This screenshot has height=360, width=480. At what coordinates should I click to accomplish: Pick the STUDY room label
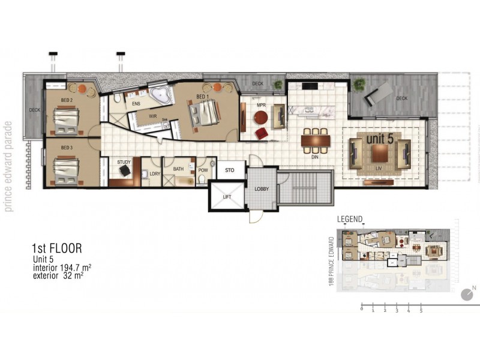[x=124, y=162]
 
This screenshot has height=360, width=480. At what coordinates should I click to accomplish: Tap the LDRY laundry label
[x=155, y=173]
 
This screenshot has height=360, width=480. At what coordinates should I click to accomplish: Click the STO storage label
[x=229, y=170]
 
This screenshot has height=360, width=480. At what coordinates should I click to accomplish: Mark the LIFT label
[x=227, y=196]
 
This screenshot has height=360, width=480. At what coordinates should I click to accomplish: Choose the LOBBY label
[x=262, y=190]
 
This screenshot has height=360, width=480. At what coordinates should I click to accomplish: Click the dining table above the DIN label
[x=316, y=140]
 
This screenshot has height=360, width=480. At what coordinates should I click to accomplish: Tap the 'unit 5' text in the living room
[x=380, y=139]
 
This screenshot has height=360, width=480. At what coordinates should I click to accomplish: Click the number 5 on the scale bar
[x=421, y=311]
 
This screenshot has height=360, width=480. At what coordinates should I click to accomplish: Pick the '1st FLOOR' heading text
[x=56, y=247]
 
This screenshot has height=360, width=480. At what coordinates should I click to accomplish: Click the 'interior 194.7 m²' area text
[x=62, y=268]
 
